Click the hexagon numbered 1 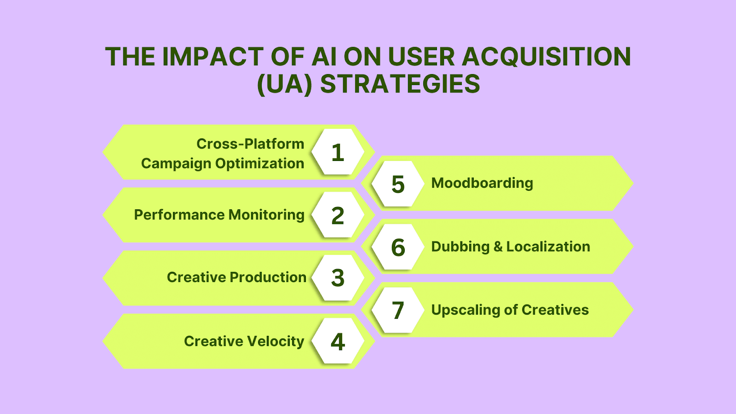(x=338, y=151)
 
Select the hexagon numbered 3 (x=338, y=278)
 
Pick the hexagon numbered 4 (x=338, y=341)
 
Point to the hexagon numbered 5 (x=398, y=184)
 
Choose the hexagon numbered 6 (x=398, y=247)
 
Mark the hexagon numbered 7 (x=398, y=310)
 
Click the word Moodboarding (x=482, y=184)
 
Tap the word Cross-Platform (x=250, y=144)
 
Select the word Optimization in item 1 (x=259, y=164)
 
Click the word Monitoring (x=266, y=215)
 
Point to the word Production (x=268, y=277)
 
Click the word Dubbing (x=460, y=247)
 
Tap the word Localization (x=548, y=247)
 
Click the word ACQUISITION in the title (x=546, y=57)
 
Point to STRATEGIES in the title (x=400, y=84)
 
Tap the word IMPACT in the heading (x=213, y=57)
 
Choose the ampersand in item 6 (x=498, y=247)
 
